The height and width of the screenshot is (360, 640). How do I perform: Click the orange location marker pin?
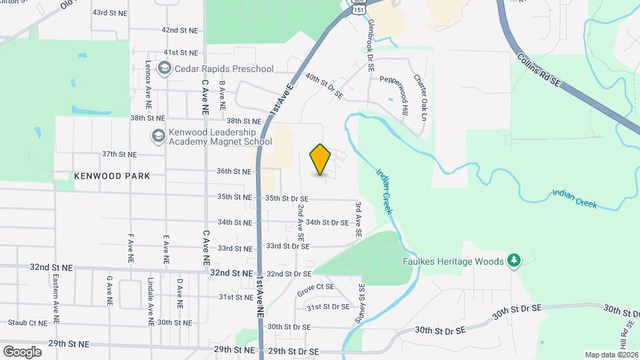tap(321, 159)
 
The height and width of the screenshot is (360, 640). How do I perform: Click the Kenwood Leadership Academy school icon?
tap(158, 136)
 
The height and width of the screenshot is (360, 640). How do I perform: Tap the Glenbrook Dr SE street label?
tap(371, 45)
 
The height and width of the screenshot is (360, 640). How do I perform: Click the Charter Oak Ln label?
tap(419, 97)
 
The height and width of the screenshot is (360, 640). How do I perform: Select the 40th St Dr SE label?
tap(324, 87)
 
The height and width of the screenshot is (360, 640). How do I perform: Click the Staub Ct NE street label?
tap(23, 323)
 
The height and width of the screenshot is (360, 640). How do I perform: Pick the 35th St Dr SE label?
tap(287, 199)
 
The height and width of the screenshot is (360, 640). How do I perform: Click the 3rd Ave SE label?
tap(359, 221)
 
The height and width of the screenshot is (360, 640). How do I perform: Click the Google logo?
tap(22, 351)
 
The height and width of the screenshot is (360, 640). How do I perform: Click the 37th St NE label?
tap(119, 154)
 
